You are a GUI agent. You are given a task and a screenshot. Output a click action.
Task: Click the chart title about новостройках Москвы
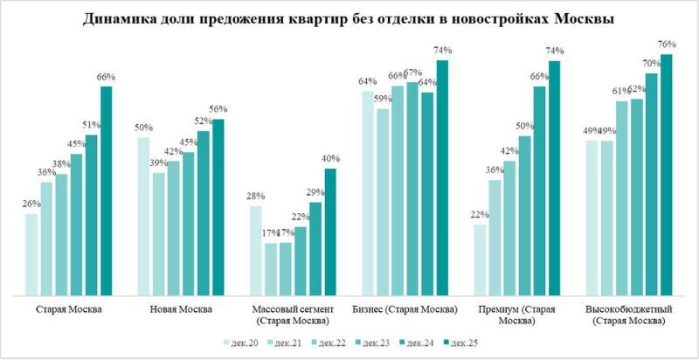coord(349,19)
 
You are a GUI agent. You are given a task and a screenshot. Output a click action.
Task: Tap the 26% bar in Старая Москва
coord(31,253)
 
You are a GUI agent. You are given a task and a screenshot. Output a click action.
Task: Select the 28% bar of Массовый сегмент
coord(255,250)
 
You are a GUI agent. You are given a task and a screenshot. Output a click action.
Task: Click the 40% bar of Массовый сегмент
coord(329,232)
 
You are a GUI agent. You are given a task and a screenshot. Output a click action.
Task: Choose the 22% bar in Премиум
coord(480,260)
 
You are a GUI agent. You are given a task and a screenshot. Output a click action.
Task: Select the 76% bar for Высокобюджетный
coord(666,175)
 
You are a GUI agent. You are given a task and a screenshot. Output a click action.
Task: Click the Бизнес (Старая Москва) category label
coord(405,310)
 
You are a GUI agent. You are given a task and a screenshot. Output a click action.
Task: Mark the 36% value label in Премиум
coord(495,170)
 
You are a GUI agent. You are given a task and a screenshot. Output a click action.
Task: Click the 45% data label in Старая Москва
coord(76,145)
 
